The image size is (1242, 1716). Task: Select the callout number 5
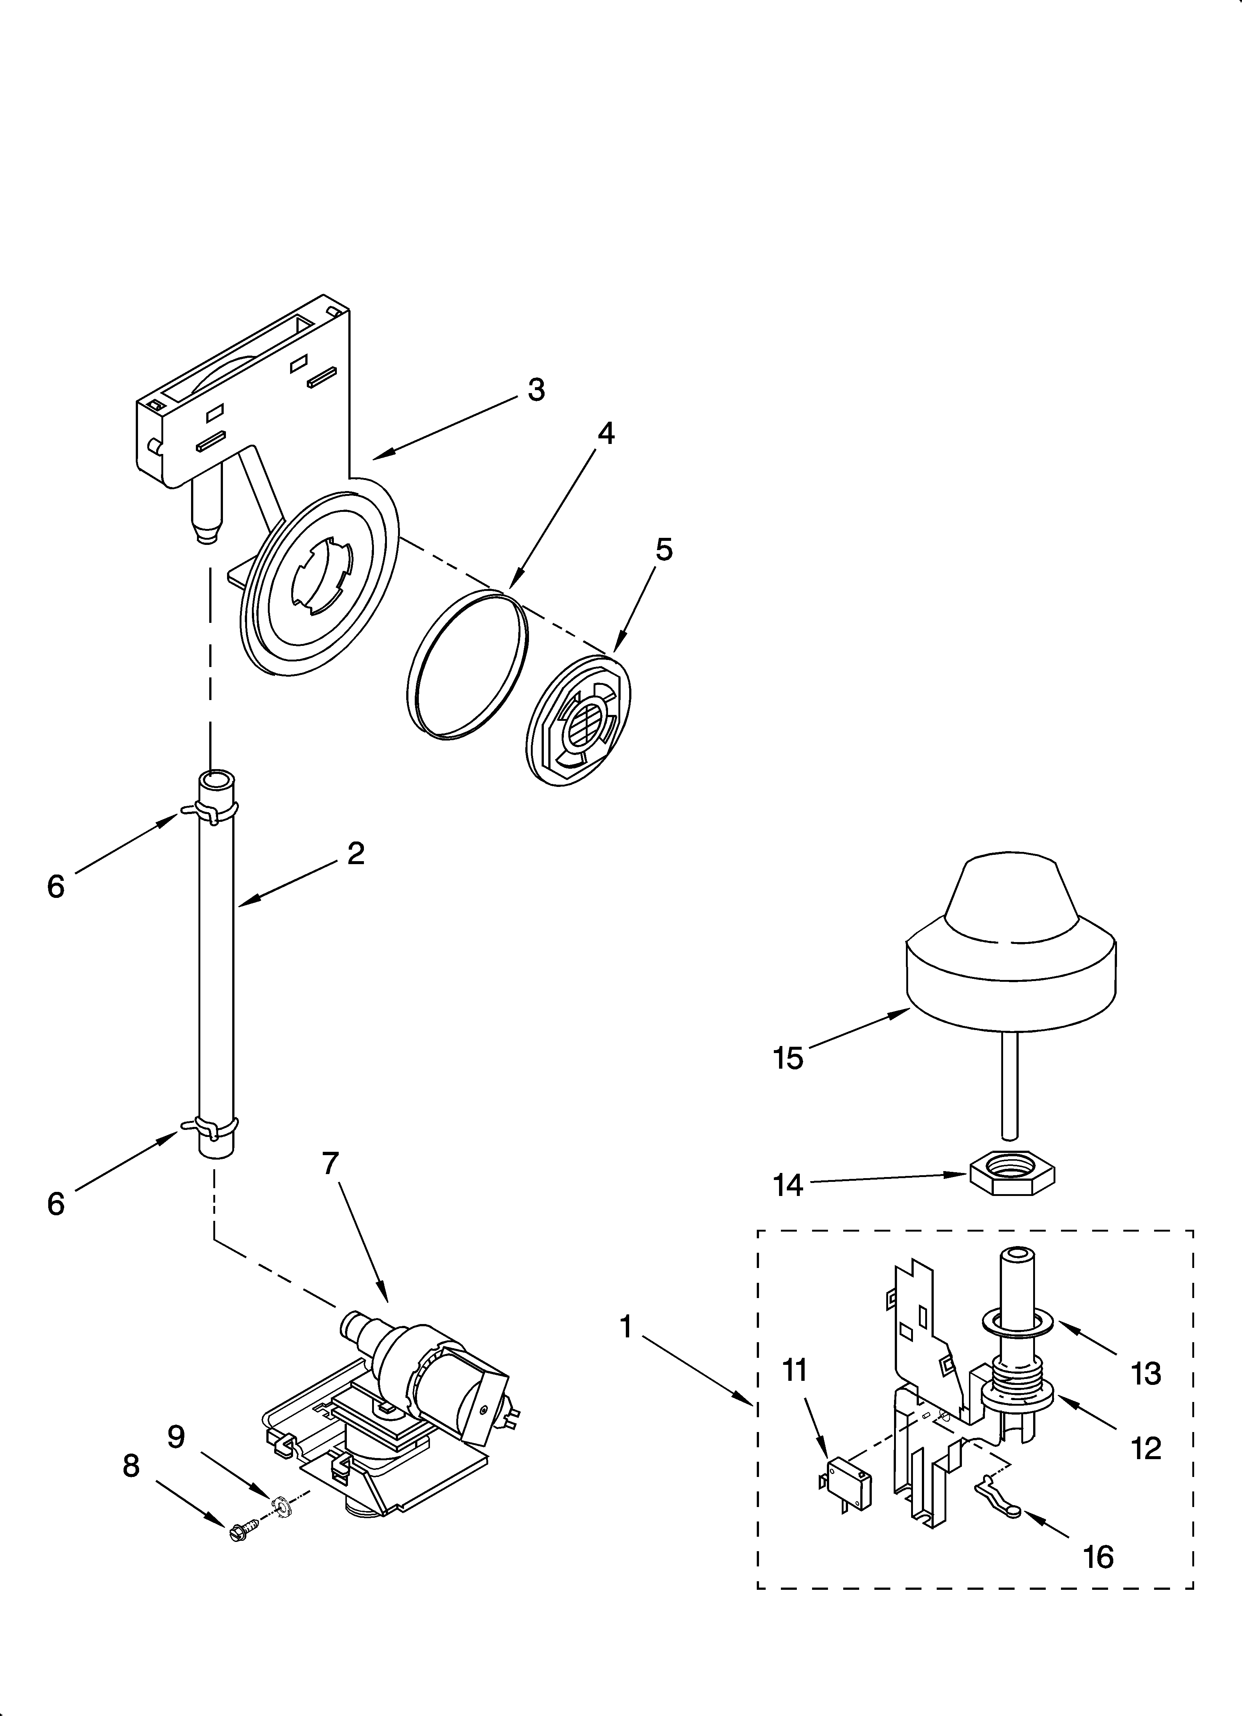(663, 550)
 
